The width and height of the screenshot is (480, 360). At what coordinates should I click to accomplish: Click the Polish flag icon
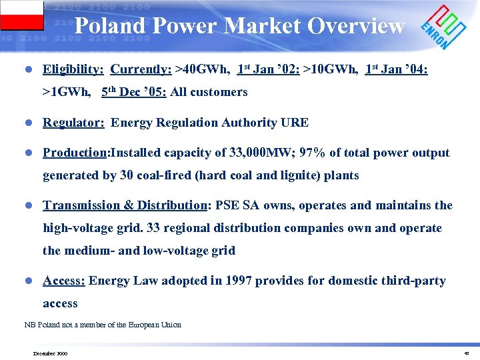22,15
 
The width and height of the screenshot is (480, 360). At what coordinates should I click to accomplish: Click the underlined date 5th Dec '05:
133,92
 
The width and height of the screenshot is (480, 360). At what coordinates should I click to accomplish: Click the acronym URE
295,123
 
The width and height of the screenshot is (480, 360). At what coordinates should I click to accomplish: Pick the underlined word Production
75,153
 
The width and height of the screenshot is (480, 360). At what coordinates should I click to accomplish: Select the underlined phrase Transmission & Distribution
125,205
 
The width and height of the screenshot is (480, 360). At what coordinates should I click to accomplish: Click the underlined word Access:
63,281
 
